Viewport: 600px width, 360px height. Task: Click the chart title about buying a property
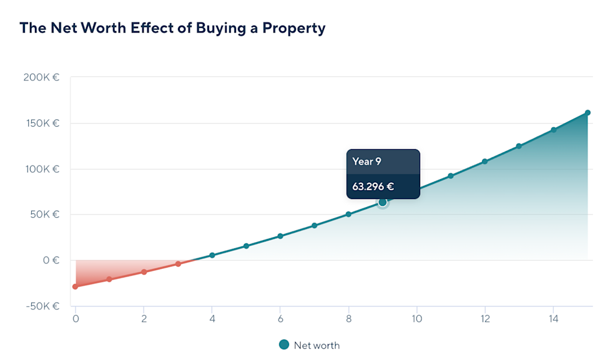tap(172, 28)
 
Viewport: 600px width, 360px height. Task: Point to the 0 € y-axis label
tap(51, 260)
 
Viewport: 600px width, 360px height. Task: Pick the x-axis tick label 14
tap(553, 319)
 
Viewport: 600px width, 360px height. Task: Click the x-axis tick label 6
tap(280, 319)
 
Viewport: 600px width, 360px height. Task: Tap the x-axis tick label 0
tap(76, 319)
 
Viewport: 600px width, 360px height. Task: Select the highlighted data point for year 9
tap(383, 202)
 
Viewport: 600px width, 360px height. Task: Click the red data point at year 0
tap(76, 286)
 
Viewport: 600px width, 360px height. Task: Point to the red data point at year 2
tap(144, 272)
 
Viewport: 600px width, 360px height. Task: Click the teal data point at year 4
tap(212, 255)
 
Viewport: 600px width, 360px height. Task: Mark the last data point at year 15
tap(588, 113)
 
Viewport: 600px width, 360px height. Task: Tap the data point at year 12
tap(484, 162)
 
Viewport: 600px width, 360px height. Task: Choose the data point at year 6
tap(280, 236)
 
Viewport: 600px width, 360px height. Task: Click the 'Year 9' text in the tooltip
tap(366, 162)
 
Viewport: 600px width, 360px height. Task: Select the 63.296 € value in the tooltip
tap(373, 186)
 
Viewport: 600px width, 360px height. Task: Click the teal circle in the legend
tap(284, 344)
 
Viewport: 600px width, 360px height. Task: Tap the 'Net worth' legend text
tap(317, 345)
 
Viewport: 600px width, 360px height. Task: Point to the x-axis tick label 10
tap(416, 319)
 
